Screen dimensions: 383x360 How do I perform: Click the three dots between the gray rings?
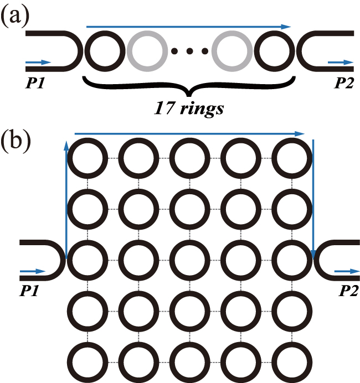tap(191, 52)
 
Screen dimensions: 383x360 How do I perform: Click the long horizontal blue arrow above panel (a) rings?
tap(188, 26)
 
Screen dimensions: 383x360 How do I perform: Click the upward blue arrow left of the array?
tap(66, 199)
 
